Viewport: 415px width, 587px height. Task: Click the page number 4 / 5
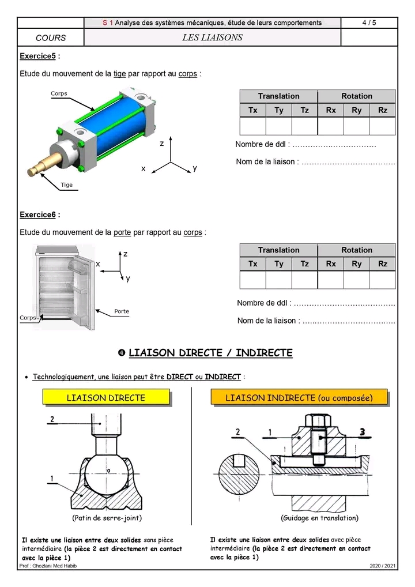[x=369, y=22]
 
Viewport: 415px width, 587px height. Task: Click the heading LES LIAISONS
[x=212, y=37]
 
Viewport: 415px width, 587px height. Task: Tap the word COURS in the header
[x=51, y=38]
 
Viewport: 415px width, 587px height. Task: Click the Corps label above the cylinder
[x=59, y=93]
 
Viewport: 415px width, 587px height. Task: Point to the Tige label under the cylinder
[x=67, y=185]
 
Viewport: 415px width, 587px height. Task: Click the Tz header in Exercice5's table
[x=304, y=110]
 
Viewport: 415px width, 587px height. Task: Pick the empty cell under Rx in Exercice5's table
[x=330, y=126]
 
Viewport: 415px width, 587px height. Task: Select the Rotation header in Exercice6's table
[x=357, y=250]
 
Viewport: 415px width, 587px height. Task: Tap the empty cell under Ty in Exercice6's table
[x=278, y=280]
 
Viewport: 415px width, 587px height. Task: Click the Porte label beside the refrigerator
[x=122, y=311]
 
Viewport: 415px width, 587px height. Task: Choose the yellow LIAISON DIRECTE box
[x=106, y=397]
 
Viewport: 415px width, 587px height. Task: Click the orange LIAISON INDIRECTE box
[x=299, y=397]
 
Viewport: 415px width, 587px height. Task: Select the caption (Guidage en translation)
[x=319, y=518]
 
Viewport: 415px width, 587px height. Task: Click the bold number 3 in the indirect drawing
[x=361, y=431]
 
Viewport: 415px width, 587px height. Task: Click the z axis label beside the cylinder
[x=162, y=143]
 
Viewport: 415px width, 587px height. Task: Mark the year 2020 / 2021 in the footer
[x=383, y=566]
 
